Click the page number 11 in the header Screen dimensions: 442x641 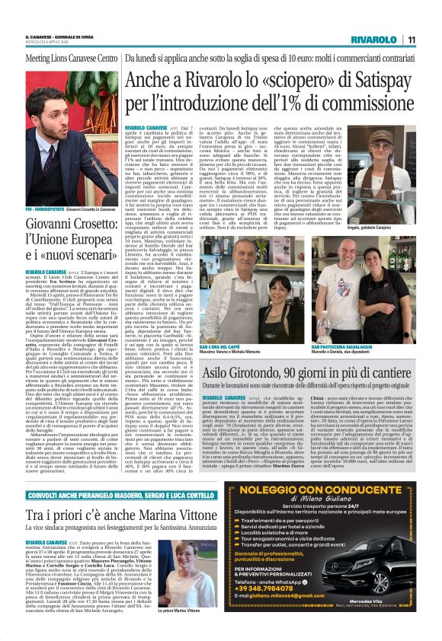click(x=411, y=40)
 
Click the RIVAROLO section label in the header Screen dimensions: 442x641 click(x=374, y=40)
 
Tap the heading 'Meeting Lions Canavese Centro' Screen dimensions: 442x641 click(x=67, y=58)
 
